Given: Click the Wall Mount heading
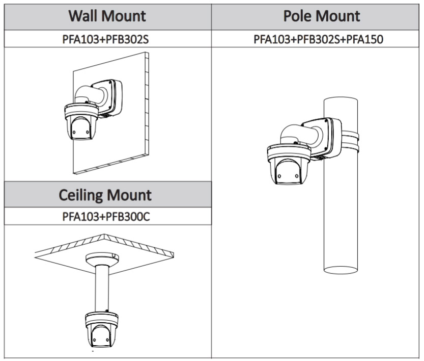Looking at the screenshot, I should [x=107, y=16].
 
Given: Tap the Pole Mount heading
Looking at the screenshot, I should [x=322, y=16].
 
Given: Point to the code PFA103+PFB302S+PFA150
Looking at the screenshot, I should [x=318, y=39].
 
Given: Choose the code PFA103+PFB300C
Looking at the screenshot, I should [x=106, y=217].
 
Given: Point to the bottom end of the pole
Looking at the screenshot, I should [x=342, y=269].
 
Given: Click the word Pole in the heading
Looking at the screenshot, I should [x=300, y=16].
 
